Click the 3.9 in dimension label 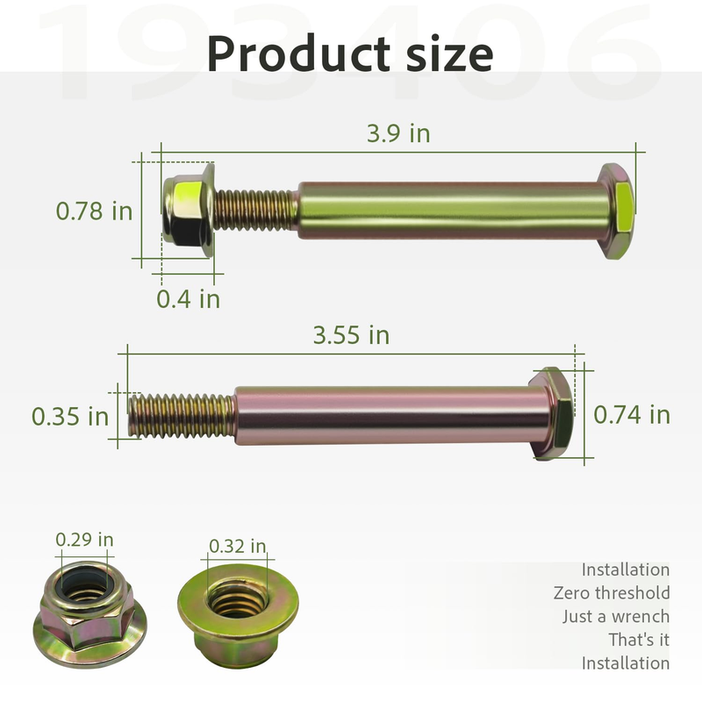point(398,133)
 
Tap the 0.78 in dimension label point(94,211)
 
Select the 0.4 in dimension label point(188,298)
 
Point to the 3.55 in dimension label point(351,335)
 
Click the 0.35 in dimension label point(70,416)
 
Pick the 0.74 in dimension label point(632,414)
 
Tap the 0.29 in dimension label point(84,540)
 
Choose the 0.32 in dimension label point(237,546)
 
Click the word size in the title point(449,54)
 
